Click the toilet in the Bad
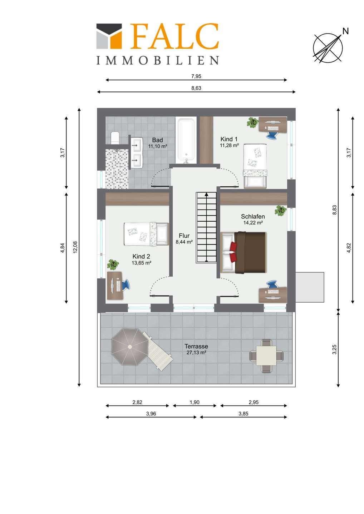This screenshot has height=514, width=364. [x=114, y=138]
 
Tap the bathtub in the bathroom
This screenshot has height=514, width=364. [x=186, y=140]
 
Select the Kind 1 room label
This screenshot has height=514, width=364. [x=229, y=139]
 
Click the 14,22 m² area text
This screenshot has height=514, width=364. [x=253, y=223]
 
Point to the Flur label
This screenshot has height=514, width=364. [x=184, y=236]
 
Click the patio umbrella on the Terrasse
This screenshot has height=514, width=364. [x=130, y=347]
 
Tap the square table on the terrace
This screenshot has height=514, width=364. [x=266, y=356]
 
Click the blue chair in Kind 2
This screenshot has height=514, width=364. [x=126, y=284]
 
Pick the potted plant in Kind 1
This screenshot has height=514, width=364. [x=253, y=122]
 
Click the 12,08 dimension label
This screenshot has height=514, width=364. [x=75, y=247]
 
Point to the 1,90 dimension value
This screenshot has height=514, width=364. [x=195, y=402]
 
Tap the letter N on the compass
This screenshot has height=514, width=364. [x=345, y=31]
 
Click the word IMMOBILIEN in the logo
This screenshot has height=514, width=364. [x=157, y=60]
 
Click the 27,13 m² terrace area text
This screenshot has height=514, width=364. [x=196, y=352]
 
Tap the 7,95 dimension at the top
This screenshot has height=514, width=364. [x=196, y=76]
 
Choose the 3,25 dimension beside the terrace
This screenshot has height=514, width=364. [x=335, y=349]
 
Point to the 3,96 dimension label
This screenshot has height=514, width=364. [x=151, y=414]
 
